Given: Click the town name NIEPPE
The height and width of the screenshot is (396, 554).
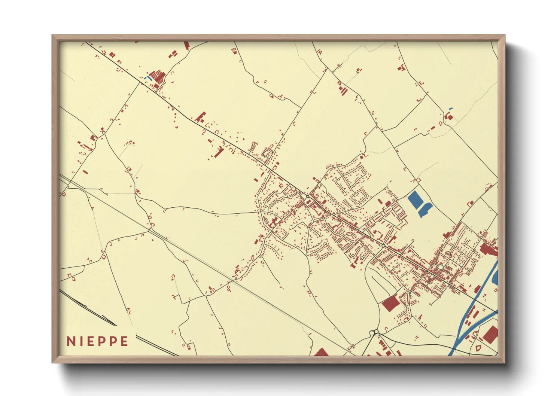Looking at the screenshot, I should pyautogui.click(x=97, y=341).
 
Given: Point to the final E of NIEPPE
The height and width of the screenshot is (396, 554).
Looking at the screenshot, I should pyautogui.click(x=124, y=341).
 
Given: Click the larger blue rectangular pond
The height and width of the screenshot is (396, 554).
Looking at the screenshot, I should pyautogui.click(x=415, y=200).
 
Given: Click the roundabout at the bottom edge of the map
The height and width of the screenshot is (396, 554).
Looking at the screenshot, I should pyautogui.click(x=376, y=332).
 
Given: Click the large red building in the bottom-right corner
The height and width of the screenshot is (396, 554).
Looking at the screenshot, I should pyautogui.click(x=491, y=334).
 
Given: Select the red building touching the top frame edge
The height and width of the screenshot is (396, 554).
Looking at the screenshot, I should pyautogui.click(x=186, y=46).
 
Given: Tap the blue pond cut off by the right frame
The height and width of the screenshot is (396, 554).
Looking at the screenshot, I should pyautogui.click(x=496, y=277).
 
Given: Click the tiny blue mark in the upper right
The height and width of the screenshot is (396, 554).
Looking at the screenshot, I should pyautogui.click(x=450, y=109).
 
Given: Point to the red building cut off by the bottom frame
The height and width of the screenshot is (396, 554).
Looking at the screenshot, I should pyautogui.click(x=321, y=352).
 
